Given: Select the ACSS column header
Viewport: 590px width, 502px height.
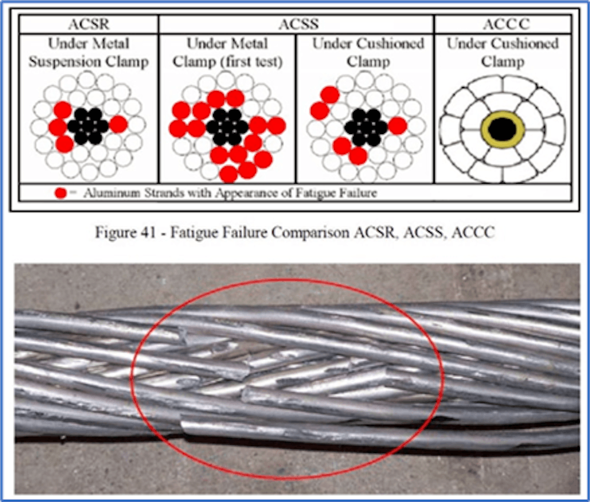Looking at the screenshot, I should (x=296, y=24).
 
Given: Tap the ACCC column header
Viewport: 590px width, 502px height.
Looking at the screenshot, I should (x=503, y=24).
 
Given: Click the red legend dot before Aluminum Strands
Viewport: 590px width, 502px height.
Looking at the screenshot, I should (x=60, y=193).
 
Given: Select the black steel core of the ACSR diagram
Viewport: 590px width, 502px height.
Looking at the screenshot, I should (x=88, y=125).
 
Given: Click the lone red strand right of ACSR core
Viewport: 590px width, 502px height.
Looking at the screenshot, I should (x=119, y=124).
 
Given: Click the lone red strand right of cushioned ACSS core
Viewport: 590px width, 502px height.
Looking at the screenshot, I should (x=398, y=125).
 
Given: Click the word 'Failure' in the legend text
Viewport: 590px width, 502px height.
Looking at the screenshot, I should (x=356, y=193).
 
